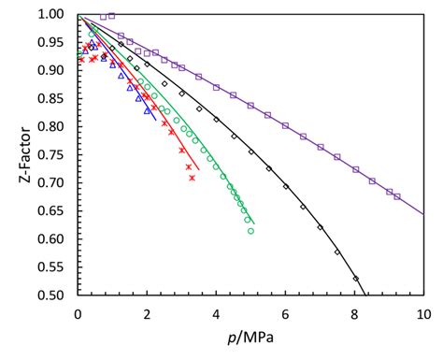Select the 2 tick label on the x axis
147,312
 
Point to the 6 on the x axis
285,312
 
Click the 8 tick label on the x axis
354,312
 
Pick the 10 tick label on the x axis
422,312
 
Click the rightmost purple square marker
397,196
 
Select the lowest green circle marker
250,231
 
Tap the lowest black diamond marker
355,279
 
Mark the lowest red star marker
192,177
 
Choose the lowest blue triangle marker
147,110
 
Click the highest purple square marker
112,16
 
